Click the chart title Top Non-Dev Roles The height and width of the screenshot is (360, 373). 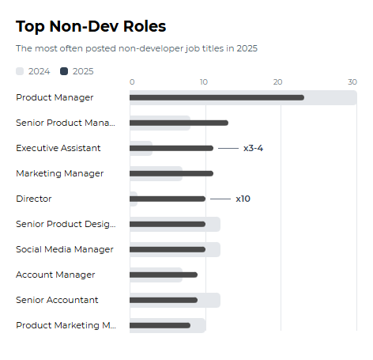coord(91,26)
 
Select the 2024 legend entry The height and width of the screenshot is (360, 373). coord(33,71)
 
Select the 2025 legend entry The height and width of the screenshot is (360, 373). coord(77,71)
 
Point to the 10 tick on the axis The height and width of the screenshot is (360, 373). coord(204,82)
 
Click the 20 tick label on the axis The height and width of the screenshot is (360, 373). coord(277,82)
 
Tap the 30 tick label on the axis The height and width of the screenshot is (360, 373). coord(352,82)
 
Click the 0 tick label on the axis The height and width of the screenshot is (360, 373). coord(132,82)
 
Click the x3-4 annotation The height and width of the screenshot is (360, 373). coord(253,148)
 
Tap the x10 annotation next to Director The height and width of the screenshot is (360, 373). coord(243,199)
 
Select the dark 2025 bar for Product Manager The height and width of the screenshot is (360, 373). coord(217,97)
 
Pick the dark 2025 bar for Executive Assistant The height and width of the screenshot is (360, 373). coord(171,148)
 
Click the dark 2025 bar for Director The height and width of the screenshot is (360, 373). coord(168,199)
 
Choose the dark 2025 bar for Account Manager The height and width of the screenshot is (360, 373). coord(164,275)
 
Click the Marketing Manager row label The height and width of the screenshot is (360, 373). coord(59,173)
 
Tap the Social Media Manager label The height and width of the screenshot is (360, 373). coord(65,249)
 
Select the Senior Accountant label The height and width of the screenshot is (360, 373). coord(57,300)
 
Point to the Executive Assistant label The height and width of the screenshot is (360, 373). coord(58,148)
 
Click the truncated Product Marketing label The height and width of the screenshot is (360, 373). coord(66,325)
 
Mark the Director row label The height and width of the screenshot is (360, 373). coord(33,199)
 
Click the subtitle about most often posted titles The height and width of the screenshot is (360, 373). coord(136,48)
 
